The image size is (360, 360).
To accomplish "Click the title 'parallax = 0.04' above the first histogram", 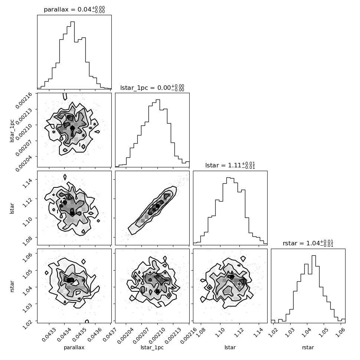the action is [68, 9].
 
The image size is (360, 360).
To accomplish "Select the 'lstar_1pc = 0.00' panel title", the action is [145, 88].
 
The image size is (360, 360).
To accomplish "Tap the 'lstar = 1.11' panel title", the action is [222, 165].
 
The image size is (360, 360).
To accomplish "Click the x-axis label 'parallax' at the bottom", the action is [74, 347].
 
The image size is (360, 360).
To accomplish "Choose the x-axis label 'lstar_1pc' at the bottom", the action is [152, 347].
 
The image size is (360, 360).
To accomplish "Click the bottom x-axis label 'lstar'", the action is [230, 347].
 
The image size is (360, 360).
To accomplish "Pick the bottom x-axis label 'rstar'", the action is [308, 347].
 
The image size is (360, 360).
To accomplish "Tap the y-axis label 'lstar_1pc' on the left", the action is [12, 131].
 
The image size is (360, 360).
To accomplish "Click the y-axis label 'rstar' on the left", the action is [12, 286].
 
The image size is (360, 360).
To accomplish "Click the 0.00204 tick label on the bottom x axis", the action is [125, 336].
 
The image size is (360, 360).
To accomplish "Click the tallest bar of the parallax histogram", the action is [72, 55].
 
